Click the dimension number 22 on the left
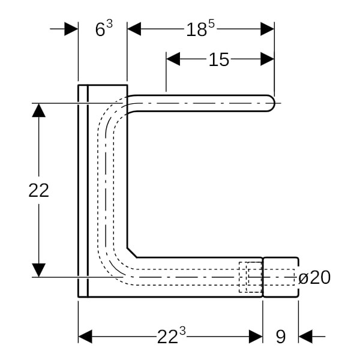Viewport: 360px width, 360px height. coord(38,190)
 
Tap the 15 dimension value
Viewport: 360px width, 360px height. coord(219,59)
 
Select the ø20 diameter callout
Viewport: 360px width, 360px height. coord(314,277)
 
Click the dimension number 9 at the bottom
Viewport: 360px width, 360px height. coord(280,337)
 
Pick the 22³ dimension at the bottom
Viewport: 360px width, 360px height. coord(169,337)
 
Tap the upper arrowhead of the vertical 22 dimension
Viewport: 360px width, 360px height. coord(38,110)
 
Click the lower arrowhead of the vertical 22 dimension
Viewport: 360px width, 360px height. coord(38,270)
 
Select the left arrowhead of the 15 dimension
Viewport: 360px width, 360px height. coord(173,59)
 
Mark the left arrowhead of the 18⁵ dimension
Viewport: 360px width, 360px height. coord(134,29)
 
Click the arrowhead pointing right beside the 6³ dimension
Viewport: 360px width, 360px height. coord(71,29)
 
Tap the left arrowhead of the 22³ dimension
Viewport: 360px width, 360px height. coord(85,336)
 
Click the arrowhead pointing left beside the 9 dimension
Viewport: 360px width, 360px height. coord(305,336)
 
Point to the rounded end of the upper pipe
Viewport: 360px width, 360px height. coord(271,103)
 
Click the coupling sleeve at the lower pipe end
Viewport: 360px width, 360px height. coord(280,277)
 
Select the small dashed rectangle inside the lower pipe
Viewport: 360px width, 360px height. coord(250,277)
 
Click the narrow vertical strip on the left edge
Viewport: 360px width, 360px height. coord(83,191)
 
